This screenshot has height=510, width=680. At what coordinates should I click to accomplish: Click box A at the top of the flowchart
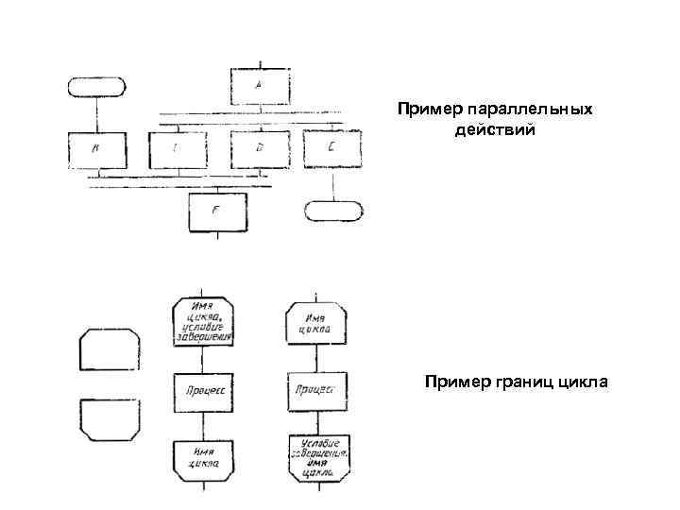261,86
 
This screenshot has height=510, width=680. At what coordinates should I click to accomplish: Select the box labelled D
260,148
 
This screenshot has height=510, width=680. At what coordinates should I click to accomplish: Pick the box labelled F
216,212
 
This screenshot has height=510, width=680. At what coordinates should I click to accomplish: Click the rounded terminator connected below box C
331,210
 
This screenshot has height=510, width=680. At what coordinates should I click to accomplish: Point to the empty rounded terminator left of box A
95,85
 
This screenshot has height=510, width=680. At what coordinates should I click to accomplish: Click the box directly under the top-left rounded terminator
95,149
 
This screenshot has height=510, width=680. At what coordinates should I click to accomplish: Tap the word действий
495,129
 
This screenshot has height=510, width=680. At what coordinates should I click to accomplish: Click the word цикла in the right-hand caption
584,382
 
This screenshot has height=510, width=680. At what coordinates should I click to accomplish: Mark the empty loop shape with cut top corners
110,349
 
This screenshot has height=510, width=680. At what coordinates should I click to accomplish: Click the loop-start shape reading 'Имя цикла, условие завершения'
204,322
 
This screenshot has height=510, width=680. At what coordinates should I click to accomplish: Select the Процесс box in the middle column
204,388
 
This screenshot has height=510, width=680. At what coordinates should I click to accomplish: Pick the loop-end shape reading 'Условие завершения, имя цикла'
318,455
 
